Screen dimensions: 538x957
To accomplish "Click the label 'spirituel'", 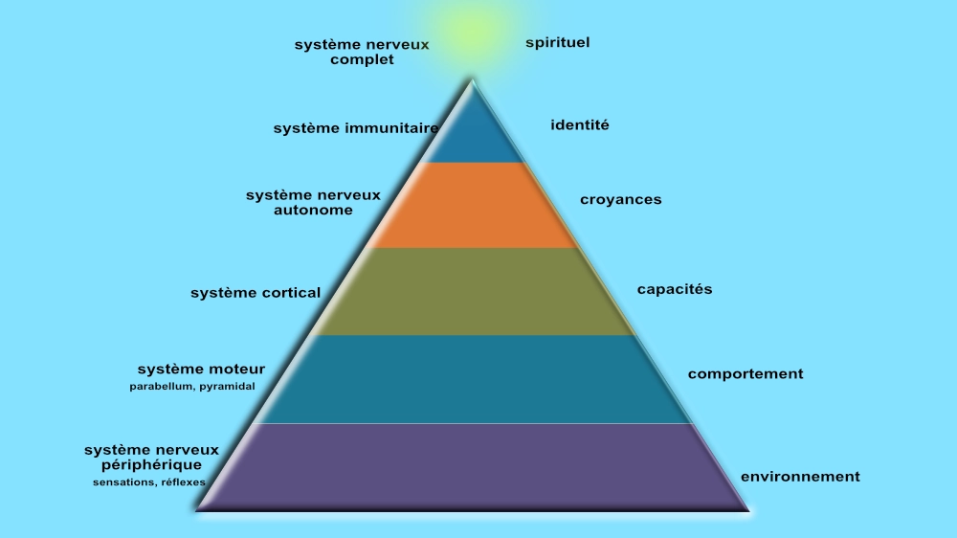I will pyautogui.click(x=558, y=43).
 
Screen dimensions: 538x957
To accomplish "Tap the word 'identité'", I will pyautogui.click(x=580, y=124).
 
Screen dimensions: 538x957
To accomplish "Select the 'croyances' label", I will pyautogui.click(x=620, y=200).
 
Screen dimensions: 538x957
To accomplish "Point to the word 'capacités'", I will pyautogui.click(x=675, y=289).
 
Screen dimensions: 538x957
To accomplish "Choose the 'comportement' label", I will pyautogui.click(x=746, y=374).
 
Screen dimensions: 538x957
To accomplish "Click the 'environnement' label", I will pyautogui.click(x=800, y=477).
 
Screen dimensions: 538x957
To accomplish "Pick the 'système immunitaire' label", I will pyautogui.click(x=356, y=128).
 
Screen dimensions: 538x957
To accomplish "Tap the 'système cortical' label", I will pyautogui.click(x=256, y=293).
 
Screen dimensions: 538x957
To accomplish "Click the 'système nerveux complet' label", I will pyautogui.click(x=362, y=52).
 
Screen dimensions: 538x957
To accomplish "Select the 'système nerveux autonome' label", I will pyautogui.click(x=313, y=202).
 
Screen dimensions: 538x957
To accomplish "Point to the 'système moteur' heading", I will pyautogui.click(x=201, y=370).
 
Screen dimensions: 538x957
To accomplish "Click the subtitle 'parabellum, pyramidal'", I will pyautogui.click(x=192, y=387).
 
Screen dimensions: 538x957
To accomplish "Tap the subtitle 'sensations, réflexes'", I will pyautogui.click(x=149, y=482).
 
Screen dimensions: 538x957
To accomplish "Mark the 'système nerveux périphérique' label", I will pyautogui.click(x=151, y=458).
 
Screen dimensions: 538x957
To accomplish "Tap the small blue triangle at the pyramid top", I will pyautogui.click(x=473, y=135).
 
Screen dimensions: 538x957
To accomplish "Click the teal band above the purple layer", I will pyautogui.click(x=474, y=378).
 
